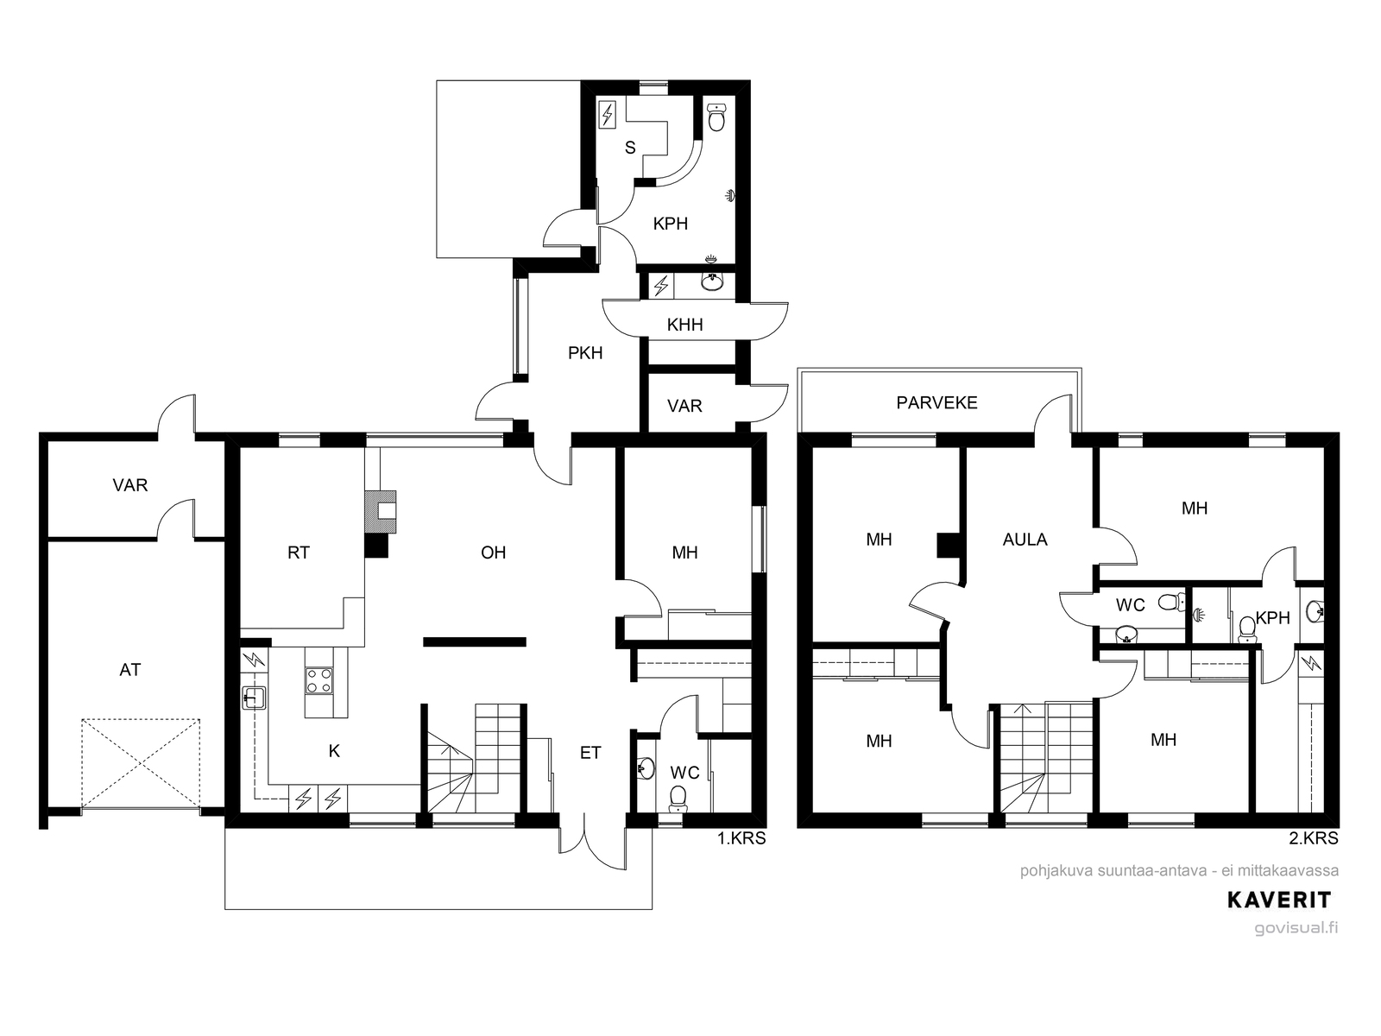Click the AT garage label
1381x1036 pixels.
point(129,670)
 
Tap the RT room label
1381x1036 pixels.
point(299,553)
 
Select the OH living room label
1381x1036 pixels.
point(493,553)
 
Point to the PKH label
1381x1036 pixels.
point(585,353)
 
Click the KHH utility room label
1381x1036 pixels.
point(684,325)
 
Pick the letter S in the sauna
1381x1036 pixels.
point(630,148)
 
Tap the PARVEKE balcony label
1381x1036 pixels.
point(936,402)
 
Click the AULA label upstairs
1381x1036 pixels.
point(1025,539)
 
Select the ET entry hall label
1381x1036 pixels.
point(590,752)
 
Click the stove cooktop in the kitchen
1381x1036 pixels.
point(319,680)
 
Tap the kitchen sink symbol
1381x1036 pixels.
point(254,697)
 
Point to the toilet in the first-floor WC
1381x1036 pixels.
point(678,799)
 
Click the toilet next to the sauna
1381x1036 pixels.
point(716,117)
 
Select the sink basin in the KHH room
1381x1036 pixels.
point(712,283)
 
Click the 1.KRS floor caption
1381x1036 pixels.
point(741,837)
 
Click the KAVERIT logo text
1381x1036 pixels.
point(1279,900)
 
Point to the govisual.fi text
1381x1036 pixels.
point(1296,928)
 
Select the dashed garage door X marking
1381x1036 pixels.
point(141,764)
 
